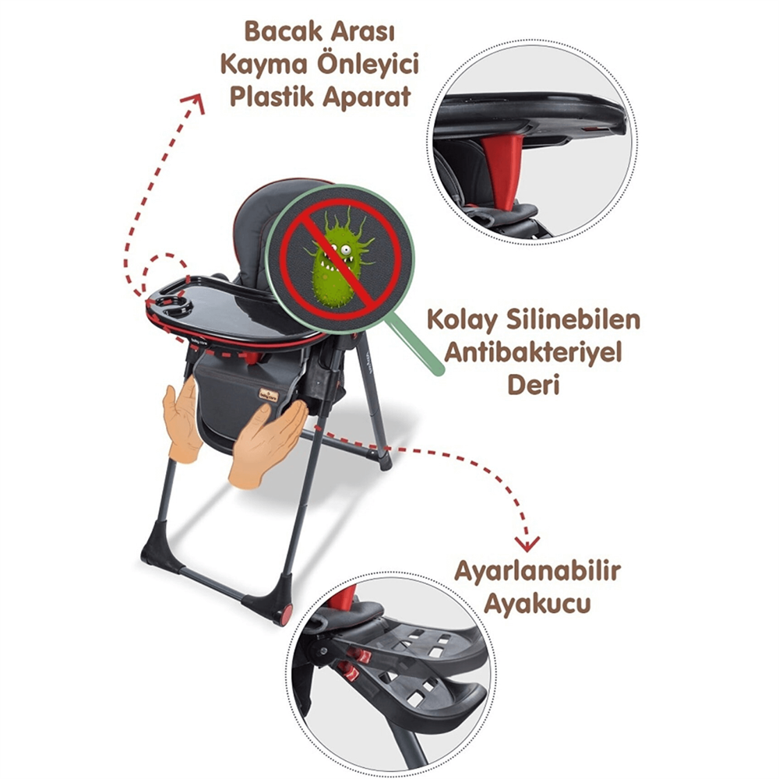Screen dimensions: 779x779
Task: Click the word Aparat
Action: tap(367, 97)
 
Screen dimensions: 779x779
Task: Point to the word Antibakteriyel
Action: tap(533, 353)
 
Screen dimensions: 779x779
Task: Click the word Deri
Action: tap(533, 385)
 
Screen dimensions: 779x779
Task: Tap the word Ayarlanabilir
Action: tap(538, 572)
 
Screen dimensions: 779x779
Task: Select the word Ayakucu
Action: tap(537, 605)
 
